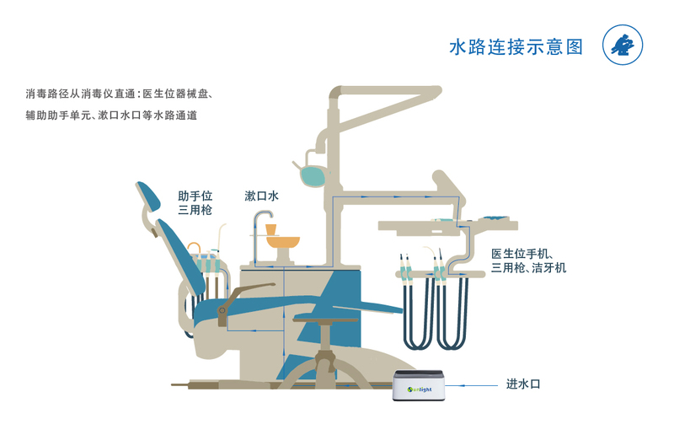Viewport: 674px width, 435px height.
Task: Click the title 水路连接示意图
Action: [x=516, y=46]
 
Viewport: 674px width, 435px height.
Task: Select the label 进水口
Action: [x=522, y=384]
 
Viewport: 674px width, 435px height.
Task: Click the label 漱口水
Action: [x=261, y=196]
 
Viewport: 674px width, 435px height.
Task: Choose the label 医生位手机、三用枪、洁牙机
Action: [x=528, y=260]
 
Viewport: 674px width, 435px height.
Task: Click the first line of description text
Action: [x=123, y=93]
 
